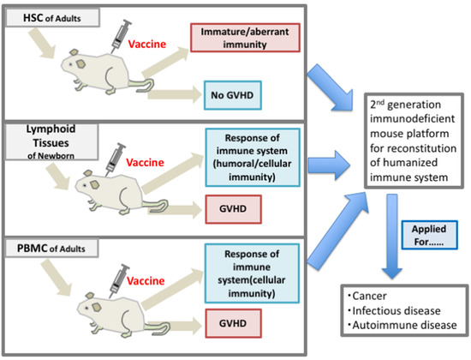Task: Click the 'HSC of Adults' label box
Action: (x=56, y=18)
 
